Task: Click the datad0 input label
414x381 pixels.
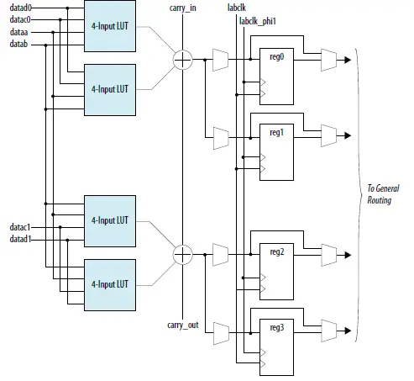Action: tap(21, 8)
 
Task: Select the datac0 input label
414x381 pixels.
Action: tap(21, 20)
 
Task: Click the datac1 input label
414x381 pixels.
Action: tap(21, 227)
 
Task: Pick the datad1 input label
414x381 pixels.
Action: tap(21, 240)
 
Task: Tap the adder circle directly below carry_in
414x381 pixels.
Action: tap(182, 60)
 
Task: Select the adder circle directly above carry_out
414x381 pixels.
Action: tap(182, 254)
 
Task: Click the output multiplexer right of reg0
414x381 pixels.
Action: tap(328, 60)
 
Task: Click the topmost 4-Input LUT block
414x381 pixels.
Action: tap(108, 26)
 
